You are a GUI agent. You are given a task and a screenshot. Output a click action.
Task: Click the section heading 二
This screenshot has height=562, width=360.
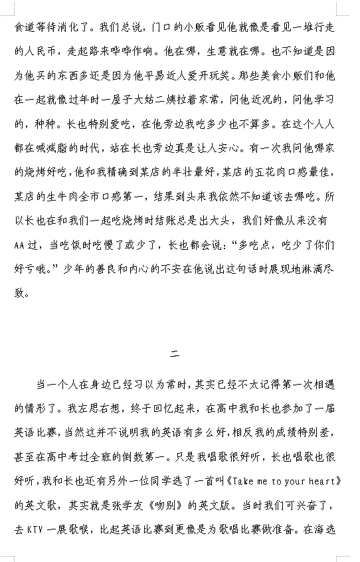[x=175, y=354]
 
